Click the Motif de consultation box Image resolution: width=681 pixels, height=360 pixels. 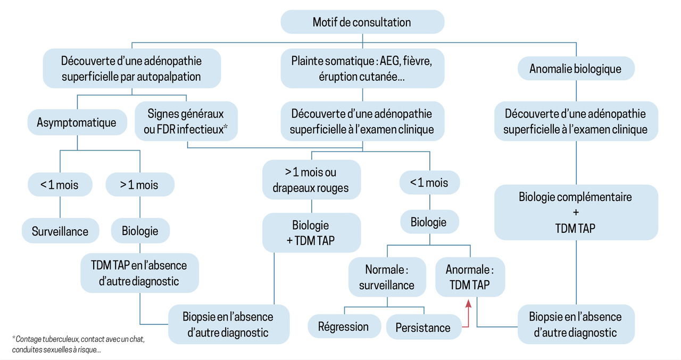[x=362, y=22]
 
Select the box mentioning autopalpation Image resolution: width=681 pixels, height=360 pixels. [x=131, y=68]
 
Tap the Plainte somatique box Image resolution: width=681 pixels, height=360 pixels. [x=362, y=68]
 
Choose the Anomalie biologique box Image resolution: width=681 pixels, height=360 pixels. [x=575, y=69]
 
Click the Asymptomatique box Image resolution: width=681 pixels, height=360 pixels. [x=77, y=122]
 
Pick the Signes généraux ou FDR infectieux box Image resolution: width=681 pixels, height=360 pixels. [x=186, y=121]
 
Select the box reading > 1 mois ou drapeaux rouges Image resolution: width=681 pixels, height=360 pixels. [x=311, y=180]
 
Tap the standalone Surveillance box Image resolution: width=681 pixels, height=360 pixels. [x=60, y=231]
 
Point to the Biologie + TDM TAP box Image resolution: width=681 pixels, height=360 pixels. [x=311, y=232]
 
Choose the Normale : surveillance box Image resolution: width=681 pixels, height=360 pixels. [x=387, y=277]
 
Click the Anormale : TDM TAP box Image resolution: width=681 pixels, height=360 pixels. [x=470, y=277]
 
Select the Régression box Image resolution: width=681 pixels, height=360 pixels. [x=343, y=326]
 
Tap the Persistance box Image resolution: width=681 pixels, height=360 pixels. [x=423, y=328]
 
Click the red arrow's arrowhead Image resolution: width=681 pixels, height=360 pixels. [x=469, y=304]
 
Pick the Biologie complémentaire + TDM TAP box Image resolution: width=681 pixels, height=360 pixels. [x=575, y=212]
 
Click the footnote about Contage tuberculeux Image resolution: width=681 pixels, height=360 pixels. [x=78, y=344]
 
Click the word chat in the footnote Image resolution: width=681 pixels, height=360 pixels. [x=137, y=339]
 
